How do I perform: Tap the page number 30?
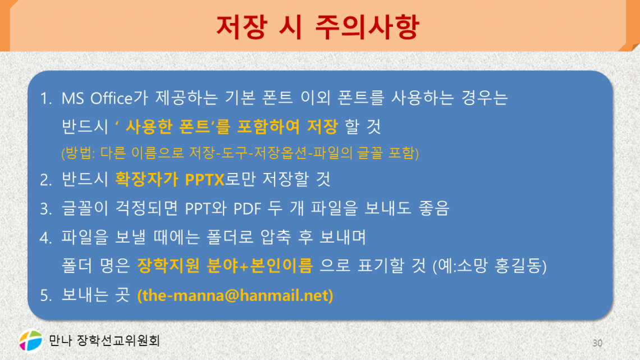597,343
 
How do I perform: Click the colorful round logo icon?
30,340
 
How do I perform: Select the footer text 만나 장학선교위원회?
104,340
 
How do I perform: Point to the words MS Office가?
97,99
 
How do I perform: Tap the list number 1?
45,99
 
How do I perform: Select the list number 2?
45,180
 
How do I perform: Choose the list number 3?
45,209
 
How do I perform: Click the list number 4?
45,238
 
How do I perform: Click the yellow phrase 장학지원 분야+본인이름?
225,266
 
